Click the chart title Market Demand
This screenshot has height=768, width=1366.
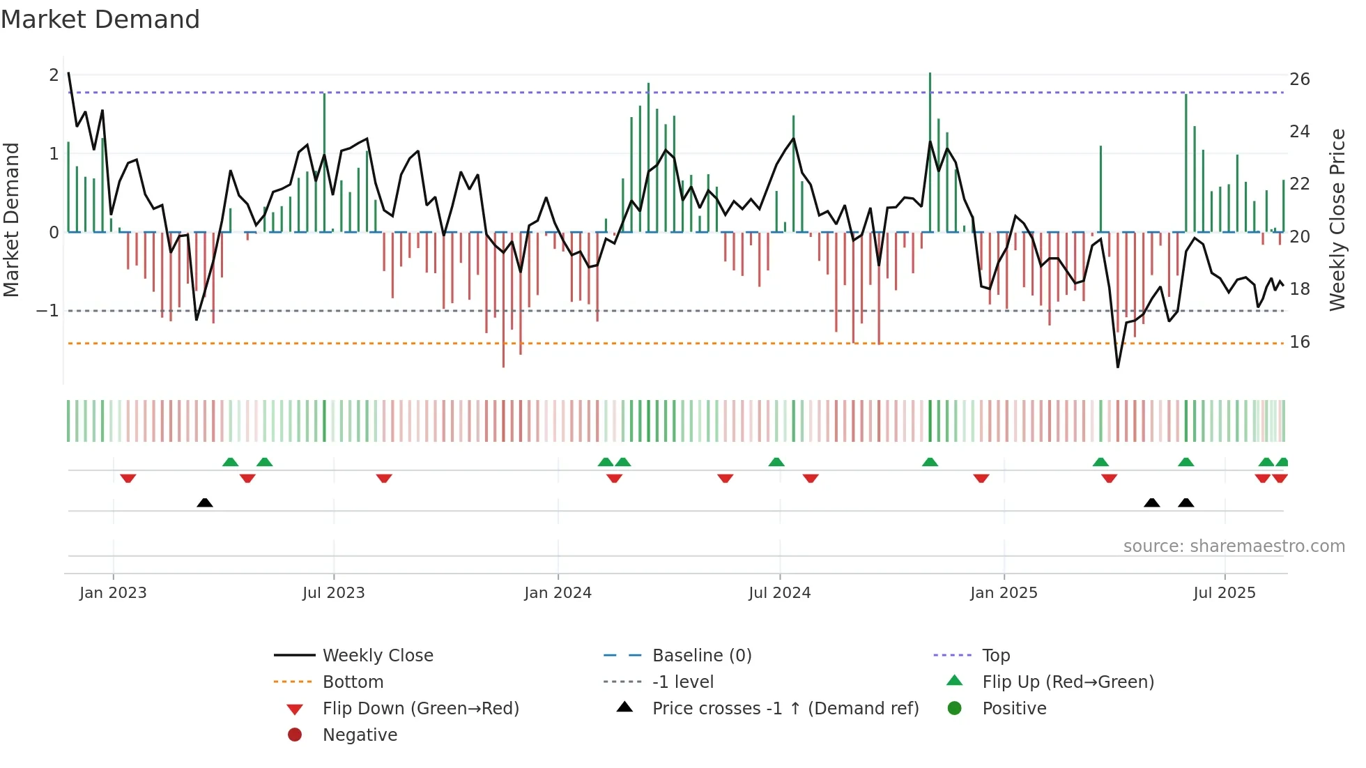(100, 20)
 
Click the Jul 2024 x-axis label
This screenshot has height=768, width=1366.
(779, 593)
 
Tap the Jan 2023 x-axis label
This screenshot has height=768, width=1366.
(113, 593)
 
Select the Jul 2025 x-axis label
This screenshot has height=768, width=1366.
(1224, 593)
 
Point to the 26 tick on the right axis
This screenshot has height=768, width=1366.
(1299, 79)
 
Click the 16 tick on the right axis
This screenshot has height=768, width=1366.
(1299, 342)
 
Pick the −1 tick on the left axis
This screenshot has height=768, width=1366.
(47, 311)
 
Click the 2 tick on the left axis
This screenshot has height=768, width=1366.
(54, 75)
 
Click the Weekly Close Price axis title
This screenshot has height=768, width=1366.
(1337, 220)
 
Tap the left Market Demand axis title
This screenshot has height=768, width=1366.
(12, 220)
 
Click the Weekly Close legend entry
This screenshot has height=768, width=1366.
(377, 656)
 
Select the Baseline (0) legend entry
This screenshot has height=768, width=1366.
(701, 656)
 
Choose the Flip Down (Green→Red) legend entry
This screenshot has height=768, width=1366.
(420, 709)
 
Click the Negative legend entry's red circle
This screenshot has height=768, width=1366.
(295, 735)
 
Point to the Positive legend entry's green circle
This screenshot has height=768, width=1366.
(955, 709)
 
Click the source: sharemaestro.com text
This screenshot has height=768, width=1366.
(1234, 546)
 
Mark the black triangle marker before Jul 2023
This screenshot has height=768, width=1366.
(205, 502)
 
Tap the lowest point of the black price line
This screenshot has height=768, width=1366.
(1118, 367)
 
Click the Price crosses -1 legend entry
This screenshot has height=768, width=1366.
(785, 709)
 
